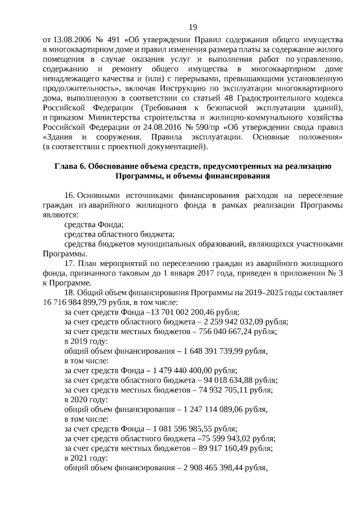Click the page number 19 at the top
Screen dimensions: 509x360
click(193, 27)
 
